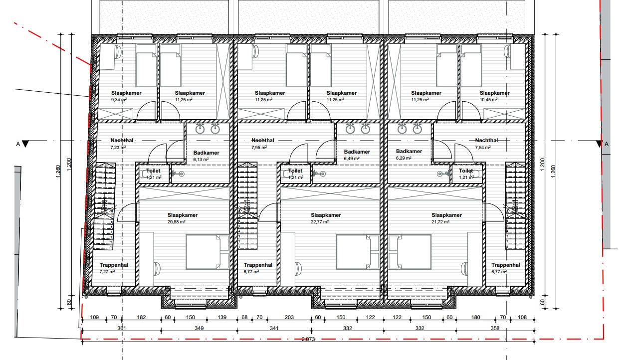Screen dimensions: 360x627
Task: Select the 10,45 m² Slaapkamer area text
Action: [x=487, y=100]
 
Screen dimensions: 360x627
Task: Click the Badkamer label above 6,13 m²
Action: [x=206, y=153]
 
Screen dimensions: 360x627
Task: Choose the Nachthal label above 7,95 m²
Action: [x=263, y=141]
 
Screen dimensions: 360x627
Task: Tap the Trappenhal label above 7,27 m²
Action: [x=114, y=265]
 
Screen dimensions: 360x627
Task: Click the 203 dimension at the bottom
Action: [x=290, y=317]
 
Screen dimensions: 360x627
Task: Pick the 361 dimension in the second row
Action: [x=121, y=328]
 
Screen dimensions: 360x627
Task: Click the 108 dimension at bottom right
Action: [x=523, y=317]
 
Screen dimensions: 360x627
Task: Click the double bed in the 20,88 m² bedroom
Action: [x=208, y=252]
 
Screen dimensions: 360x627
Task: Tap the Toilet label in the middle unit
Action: [x=295, y=171]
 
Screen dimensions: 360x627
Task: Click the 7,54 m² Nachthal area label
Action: [x=482, y=148]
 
